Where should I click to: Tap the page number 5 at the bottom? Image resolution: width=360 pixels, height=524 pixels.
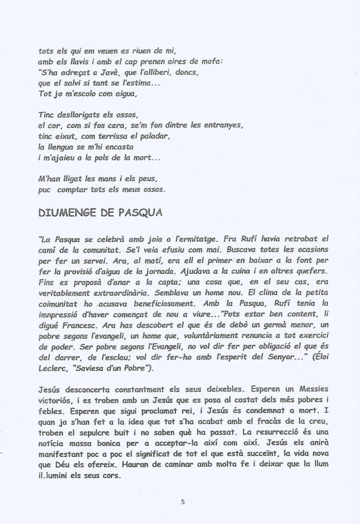[x=183, y=501]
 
